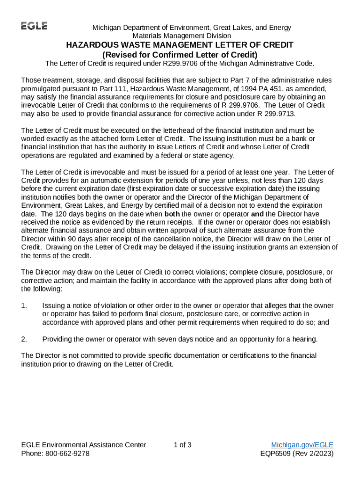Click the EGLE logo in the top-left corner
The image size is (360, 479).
point(34,26)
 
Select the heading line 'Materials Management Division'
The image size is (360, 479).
point(182,36)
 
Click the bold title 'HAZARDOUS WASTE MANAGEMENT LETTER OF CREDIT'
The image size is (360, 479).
point(180,45)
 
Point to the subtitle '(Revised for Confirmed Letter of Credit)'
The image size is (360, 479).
point(180,54)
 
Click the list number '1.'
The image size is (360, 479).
point(24,306)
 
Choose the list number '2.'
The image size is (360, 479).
point(24,339)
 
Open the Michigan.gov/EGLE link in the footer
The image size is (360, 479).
point(302,445)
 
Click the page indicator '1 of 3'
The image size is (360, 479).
point(182,445)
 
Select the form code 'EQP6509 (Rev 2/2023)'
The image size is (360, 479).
point(296,454)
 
